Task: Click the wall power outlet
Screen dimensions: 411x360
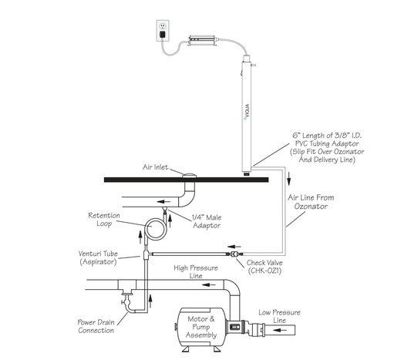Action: pos(163,31)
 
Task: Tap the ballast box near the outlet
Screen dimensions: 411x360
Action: pos(201,40)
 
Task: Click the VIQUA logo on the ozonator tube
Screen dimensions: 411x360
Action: pos(247,112)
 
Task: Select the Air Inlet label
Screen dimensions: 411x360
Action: pos(155,167)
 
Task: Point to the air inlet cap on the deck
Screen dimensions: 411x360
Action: pos(189,175)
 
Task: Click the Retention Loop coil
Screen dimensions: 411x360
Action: pos(156,228)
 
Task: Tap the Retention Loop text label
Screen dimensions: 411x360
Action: pos(104,220)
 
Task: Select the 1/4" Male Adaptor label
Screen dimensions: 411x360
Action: pos(207,221)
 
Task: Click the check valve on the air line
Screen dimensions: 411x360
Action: pos(234,254)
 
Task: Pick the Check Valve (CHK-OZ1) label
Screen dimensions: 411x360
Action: pos(264,267)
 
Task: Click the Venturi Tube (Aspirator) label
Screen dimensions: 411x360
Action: pos(98,257)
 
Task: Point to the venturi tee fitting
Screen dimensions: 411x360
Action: pos(147,254)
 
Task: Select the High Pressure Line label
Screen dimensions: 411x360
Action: pos(196,271)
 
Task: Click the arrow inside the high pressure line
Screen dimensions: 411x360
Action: pos(209,284)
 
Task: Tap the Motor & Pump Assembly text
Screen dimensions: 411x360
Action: pos(201,327)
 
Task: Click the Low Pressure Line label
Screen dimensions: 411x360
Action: pos(279,316)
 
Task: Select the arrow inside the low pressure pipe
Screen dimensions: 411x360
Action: pos(280,330)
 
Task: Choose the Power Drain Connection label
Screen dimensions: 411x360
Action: pos(96,326)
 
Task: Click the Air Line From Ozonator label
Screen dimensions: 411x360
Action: pos(311,202)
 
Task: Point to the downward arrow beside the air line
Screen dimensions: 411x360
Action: pos(289,179)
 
